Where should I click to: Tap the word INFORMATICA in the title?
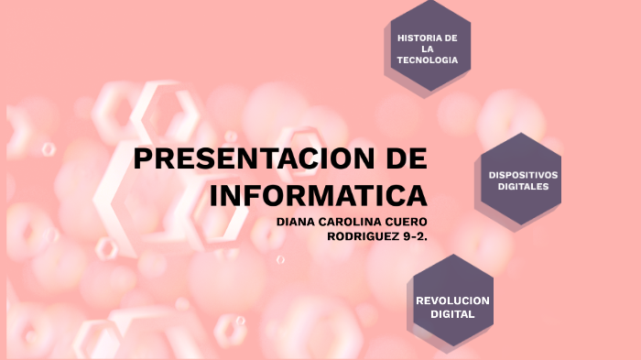click(319, 195)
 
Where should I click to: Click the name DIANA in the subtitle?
click(297, 222)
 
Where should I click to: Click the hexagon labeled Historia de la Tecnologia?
click(428, 46)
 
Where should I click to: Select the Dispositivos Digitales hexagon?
click(523, 180)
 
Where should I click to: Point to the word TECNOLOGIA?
click(428, 60)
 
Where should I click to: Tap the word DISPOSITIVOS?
click(523, 174)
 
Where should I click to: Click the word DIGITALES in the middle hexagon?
click(523, 186)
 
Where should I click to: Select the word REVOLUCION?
click(452, 300)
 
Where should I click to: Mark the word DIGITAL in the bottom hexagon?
click(452, 314)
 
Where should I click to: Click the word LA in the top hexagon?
click(428, 48)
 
